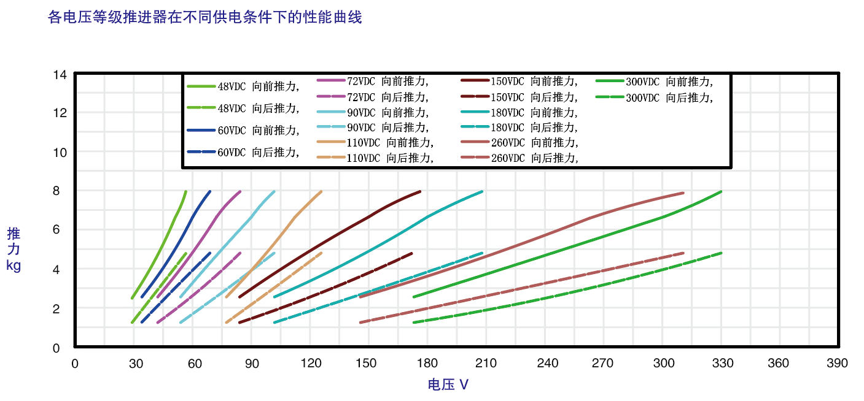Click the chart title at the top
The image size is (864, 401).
click(x=205, y=17)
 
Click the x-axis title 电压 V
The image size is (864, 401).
click(x=448, y=384)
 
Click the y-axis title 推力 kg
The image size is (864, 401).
click(x=14, y=250)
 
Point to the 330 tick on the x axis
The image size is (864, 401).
click(x=722, y=363)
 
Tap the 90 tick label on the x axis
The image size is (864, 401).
click(x=252, y=363)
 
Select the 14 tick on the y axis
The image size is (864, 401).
click(x=60, y=75)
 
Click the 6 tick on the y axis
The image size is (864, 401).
click(x=56, y=229)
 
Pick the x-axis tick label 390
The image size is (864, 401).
click(x=837, y=363)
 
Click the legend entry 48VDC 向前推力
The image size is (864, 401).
click(x=243, y=86)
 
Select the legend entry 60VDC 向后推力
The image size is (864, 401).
click(x=243, y=153)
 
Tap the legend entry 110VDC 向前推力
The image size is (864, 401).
click(x=375, y=142)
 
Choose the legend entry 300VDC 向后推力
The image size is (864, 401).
click(x=655, y=97)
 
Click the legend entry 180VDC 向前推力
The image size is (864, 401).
click(x=520, y=112)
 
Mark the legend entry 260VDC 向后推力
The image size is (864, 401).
click(x=520, y=158)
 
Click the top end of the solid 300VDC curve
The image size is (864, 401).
click(x=722, y=191)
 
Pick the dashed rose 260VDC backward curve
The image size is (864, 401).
click(x=521, y=287)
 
